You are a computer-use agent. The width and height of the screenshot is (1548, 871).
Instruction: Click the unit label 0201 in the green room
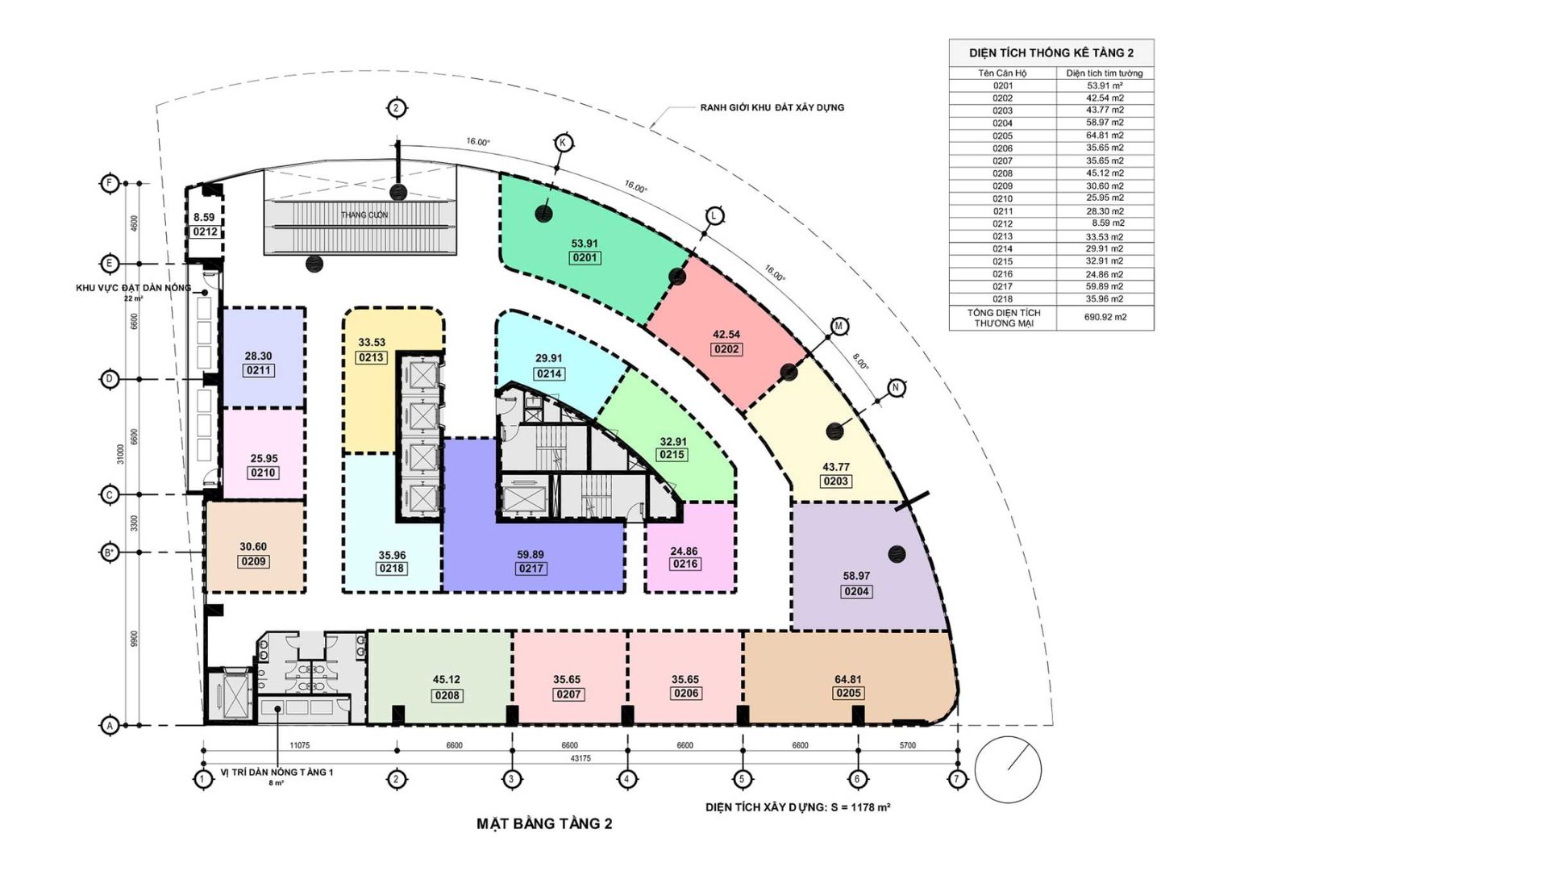point(585,258)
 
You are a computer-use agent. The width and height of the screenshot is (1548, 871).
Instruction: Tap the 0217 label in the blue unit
point(531,569)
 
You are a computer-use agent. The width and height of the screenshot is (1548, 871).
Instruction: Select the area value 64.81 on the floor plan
point(847,679)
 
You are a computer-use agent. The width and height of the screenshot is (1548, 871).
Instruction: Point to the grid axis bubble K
point(564,143)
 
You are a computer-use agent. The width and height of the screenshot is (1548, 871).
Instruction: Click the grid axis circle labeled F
point(110,183)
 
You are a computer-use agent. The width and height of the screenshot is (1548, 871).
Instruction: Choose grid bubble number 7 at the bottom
point(958,779)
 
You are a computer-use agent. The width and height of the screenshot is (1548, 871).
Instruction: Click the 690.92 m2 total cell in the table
point(1105,317)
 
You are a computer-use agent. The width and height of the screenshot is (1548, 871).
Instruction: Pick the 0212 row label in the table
point(1002,223)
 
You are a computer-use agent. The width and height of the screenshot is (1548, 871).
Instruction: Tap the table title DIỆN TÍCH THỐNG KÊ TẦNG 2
point(1051,53)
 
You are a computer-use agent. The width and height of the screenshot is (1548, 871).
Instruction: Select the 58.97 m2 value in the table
point(1105,123)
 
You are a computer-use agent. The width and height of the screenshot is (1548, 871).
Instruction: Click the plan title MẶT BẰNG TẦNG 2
point(544,824)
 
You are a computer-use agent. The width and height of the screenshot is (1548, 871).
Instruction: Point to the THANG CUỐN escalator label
point(364,215)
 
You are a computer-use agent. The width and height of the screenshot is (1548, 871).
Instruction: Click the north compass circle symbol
point(1008,769)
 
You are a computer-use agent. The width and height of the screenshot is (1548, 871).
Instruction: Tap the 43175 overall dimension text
point(580,759)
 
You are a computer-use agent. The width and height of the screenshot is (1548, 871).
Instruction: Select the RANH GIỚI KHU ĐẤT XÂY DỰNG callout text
point(772,107)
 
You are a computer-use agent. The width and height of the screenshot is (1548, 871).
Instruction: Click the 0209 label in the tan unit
point(253,561)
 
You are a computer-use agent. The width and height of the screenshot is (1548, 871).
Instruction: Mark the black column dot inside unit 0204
point(897,554)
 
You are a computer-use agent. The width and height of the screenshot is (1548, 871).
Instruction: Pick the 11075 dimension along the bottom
point(299,746)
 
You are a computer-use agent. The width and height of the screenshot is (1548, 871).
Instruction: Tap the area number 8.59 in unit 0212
point(204,217)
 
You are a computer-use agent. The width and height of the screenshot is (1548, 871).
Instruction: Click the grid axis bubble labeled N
point(896,388)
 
